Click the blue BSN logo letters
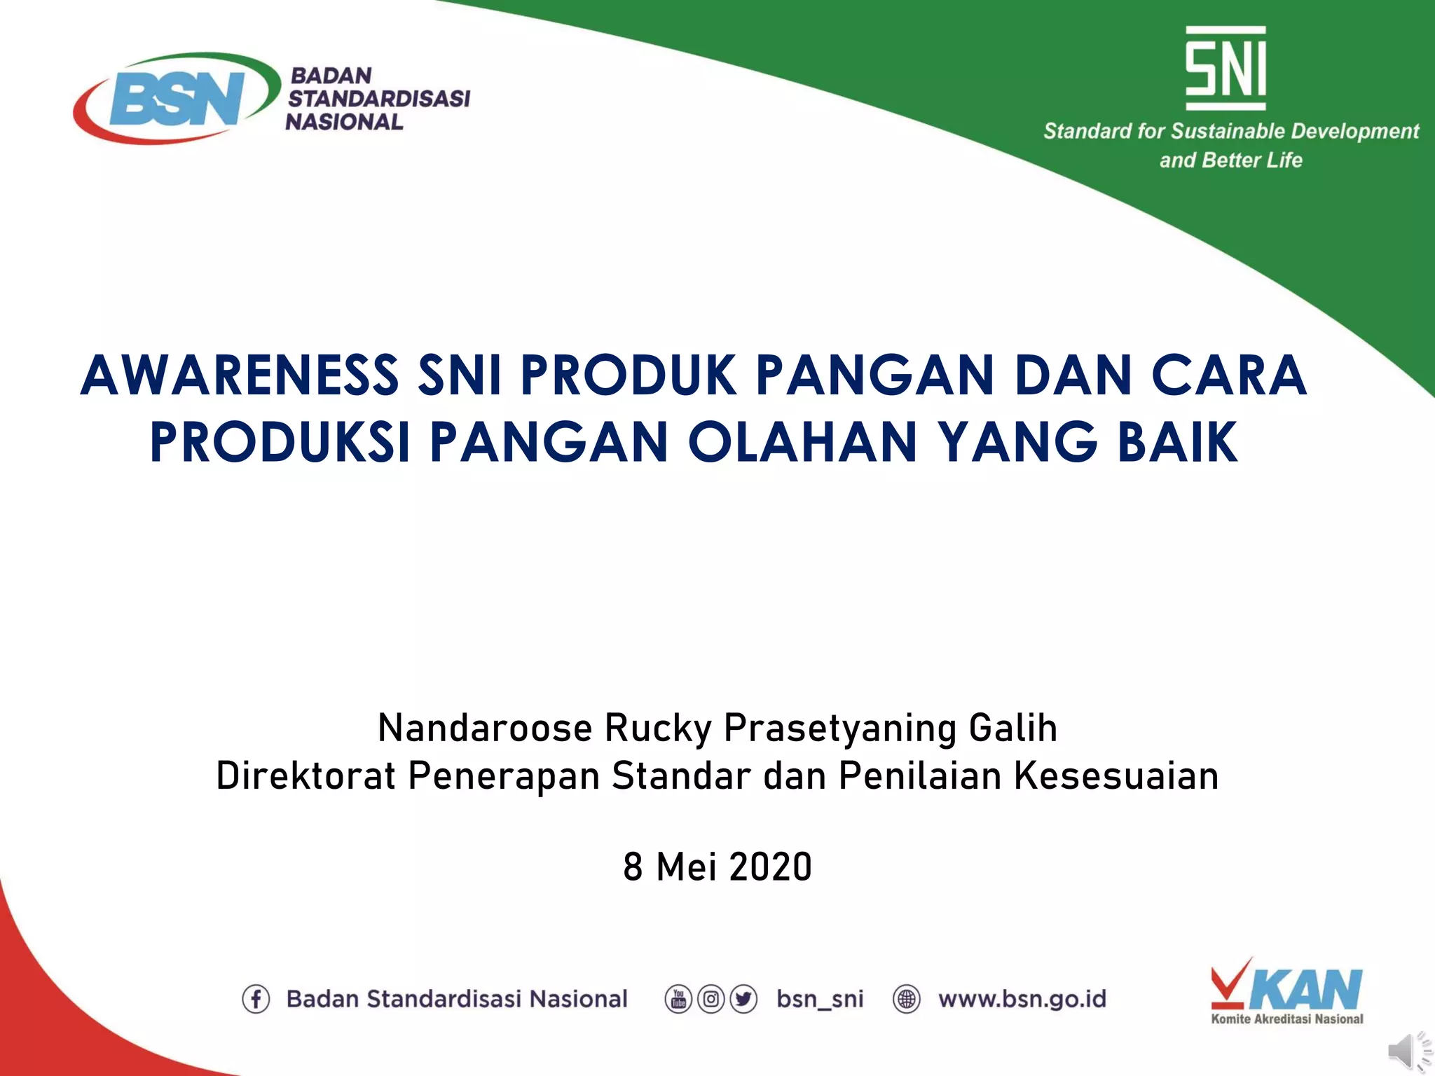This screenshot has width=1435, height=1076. click(x=177, y=99)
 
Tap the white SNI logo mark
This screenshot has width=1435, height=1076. click(x=1225, y=68)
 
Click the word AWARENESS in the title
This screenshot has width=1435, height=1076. click(x=240, y=376)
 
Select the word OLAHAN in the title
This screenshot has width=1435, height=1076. click(x=802, y=443)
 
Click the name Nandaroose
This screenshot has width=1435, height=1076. click(x=485, y=728)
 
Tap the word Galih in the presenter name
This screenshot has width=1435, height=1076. click(x=1012, y=728)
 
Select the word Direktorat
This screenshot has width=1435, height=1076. click(x=305, y=776)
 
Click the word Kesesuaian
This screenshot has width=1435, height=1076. click(x=1116, y=776)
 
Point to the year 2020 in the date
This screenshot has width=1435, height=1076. click(x=770, y=867)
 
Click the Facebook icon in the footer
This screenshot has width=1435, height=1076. click(x=256, y=999)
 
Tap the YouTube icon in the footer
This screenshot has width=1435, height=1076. click(x=678, y=999)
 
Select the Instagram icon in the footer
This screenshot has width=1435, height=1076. click(x=710, y=999)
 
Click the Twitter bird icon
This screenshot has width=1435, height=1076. click(x=743, y=999)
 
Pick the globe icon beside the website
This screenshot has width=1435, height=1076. click(x=907, y=999)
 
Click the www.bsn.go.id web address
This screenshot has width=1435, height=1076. click(x=1022, y=999)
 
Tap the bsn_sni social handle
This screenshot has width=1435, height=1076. click(x=820, y=999)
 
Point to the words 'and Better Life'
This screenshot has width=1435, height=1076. click(x=1230, y=160)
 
